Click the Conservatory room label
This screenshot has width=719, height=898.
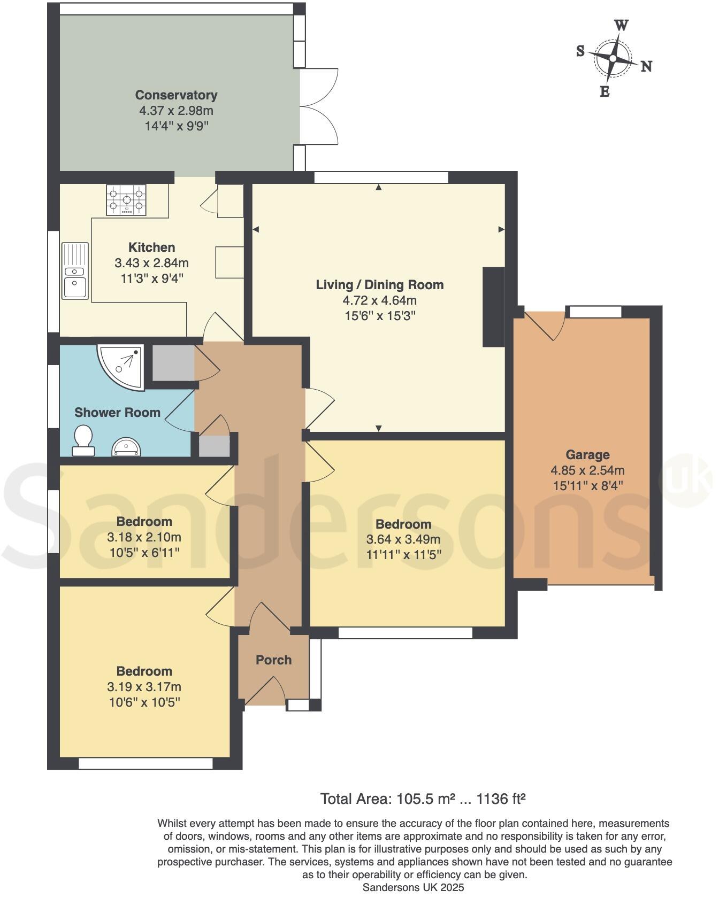pyautogui.click(x=176, y=95)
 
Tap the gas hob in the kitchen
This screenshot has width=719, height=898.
pyautogui.click(x=126, y=200)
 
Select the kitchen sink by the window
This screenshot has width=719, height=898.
pyautogui.click(x=74, y=271)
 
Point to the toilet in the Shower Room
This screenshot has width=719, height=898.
pyautogui.click(x=83, y=440)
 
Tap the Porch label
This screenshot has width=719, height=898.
pyautogui.click(x=273, y=660)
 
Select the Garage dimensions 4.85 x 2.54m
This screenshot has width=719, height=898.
pyautogui.click(x=587, y=471)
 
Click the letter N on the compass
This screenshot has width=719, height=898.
pyautogui.click(x=646, y=66)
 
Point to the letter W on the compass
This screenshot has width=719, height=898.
pyautogui.click(x=621, y=25)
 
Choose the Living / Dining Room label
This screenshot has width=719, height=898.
pyautogui.click(x=379, y=285)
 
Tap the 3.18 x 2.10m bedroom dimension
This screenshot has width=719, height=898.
pyautogui.click(x=144, y=537)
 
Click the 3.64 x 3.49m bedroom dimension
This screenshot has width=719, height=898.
pyautogui.click(x=403, y=539)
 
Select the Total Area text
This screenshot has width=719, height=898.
pyautogui.click(x=423, y=799)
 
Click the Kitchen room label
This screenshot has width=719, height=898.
pyautogui.click(x=151, y=247)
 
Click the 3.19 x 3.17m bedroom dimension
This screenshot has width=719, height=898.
pyautogui.click(x=144, y=687)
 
